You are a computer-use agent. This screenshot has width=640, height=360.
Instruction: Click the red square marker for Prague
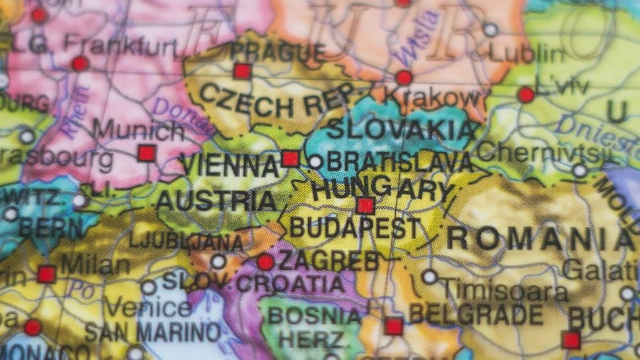click(242, 71)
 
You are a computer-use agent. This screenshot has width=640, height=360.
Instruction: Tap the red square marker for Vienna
click(290, 158)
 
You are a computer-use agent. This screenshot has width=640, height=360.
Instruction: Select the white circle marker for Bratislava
click(315, 162)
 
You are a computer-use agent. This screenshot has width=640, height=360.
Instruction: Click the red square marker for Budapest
click(366, 206)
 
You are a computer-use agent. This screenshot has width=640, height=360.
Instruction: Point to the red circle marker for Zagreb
click(265, 262)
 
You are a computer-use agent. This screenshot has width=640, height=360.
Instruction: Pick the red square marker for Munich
click(146, 154)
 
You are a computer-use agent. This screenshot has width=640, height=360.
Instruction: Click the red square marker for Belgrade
click(394, 326)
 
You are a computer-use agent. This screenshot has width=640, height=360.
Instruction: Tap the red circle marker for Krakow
click(404, 78)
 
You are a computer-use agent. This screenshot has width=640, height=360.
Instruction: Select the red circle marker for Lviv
click(526, 95)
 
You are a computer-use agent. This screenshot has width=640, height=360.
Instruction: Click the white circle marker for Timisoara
click(430, 276)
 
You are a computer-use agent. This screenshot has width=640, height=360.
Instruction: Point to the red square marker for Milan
click(46, 274)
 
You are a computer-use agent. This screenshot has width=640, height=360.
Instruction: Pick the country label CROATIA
click(290, 284)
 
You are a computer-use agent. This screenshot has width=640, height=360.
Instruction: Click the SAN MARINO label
click(153, 332)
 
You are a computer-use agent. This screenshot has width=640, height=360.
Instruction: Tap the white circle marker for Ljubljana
click(218, 262)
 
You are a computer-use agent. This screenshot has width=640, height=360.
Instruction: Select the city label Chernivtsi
click(540, 154)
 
